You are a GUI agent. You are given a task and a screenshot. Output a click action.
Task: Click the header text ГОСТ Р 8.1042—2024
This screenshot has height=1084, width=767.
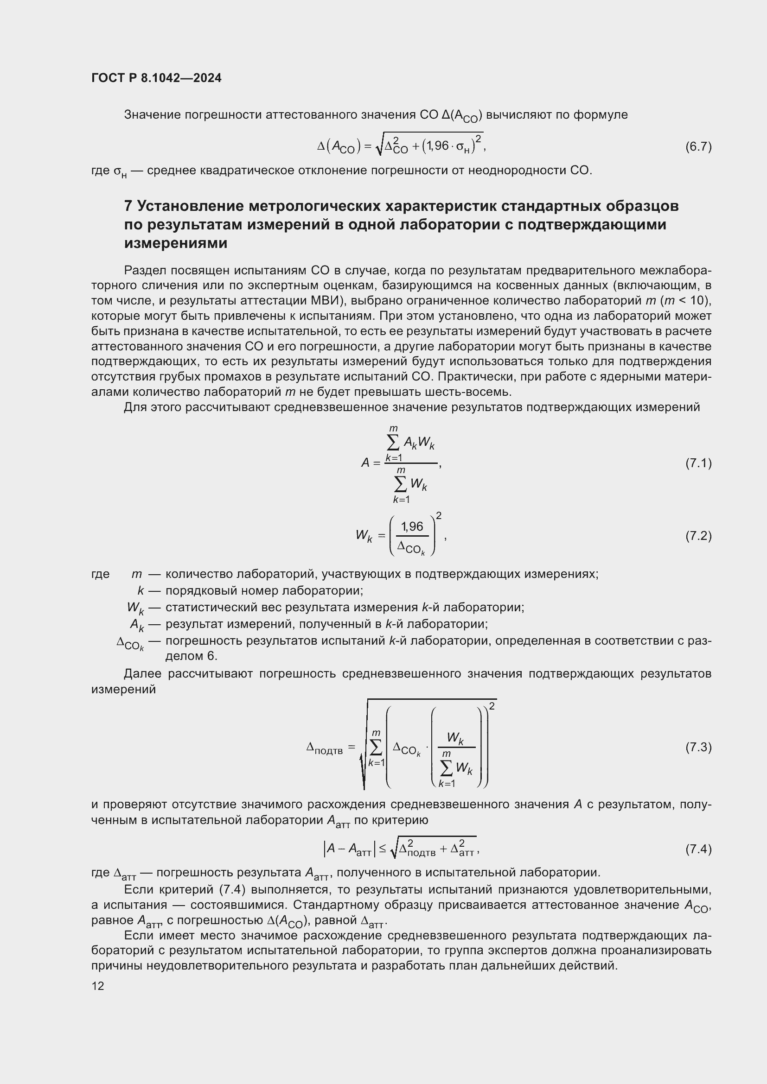[156, 78]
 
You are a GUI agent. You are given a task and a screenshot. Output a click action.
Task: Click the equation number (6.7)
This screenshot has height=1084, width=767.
[698, 147]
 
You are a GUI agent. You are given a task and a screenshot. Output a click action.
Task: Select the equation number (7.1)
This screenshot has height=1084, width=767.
[698, 463]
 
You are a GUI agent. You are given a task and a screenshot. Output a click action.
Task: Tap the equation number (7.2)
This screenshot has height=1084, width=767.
[698, 536]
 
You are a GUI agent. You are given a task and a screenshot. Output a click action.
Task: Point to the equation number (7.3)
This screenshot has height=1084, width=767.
[698, 747]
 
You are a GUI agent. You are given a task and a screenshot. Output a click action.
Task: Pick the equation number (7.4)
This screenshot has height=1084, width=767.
[698, 849]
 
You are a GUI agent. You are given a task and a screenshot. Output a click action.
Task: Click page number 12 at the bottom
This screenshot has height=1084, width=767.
[98, 986]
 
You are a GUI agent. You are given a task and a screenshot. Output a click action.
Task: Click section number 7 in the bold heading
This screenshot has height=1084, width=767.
[128, 206]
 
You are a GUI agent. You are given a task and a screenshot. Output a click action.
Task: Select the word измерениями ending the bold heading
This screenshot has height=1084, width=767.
[176, 243]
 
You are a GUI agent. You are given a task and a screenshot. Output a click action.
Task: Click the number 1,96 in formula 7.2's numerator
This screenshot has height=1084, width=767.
[412, 526]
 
